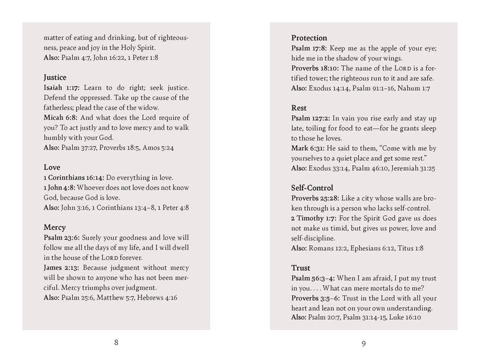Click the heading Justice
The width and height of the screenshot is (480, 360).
coord(55,77)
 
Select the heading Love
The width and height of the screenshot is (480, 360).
coord(52,168)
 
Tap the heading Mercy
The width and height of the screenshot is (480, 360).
coord(54,228)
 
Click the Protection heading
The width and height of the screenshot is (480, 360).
coord(309,38)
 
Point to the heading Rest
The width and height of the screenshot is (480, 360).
coord(299,108)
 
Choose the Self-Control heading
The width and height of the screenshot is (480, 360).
coord(312,188)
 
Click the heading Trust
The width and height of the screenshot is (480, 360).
coord(300,268)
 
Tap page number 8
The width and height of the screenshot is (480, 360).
coord(116,342)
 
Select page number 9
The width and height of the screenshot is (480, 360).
coord(363,343)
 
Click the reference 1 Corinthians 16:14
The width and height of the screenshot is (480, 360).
coord(73,178)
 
